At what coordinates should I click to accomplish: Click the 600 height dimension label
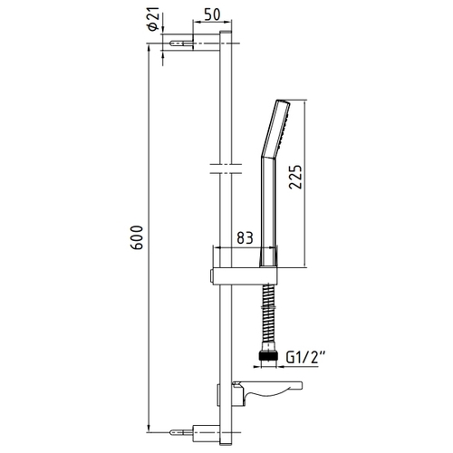coord(137,237)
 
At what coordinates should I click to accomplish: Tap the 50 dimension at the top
coord(212,14)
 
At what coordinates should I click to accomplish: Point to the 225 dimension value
coord(295,177)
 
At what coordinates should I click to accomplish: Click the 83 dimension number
coord(245,238)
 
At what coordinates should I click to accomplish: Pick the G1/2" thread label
coord(305,358)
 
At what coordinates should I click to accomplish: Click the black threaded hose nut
coord(268,355)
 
